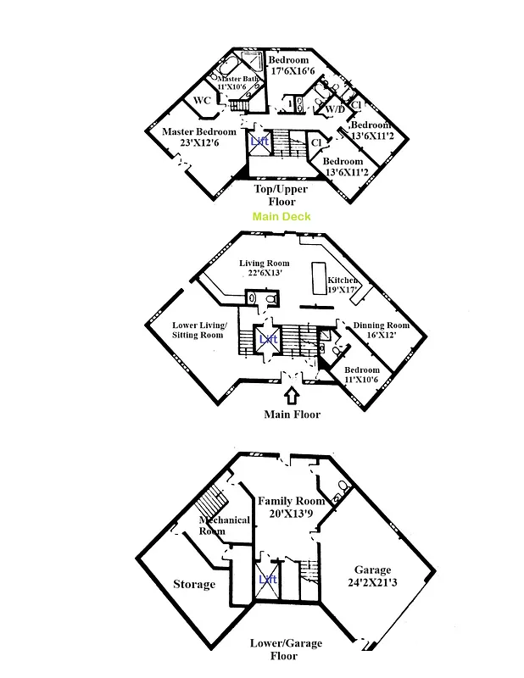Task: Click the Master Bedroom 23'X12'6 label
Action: click(198, 137)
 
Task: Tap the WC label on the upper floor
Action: click(202, 101)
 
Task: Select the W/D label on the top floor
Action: click(335, 108)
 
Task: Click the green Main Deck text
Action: click(282, 217)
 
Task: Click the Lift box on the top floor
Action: click(259, 141)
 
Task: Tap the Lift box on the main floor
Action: click(268, 338)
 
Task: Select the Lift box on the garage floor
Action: click(267, 580)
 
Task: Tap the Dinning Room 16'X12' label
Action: click(381, 330)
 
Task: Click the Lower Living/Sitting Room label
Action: click(198, 331)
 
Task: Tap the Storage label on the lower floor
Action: click(194, 584)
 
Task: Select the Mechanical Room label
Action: click(224, 525)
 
